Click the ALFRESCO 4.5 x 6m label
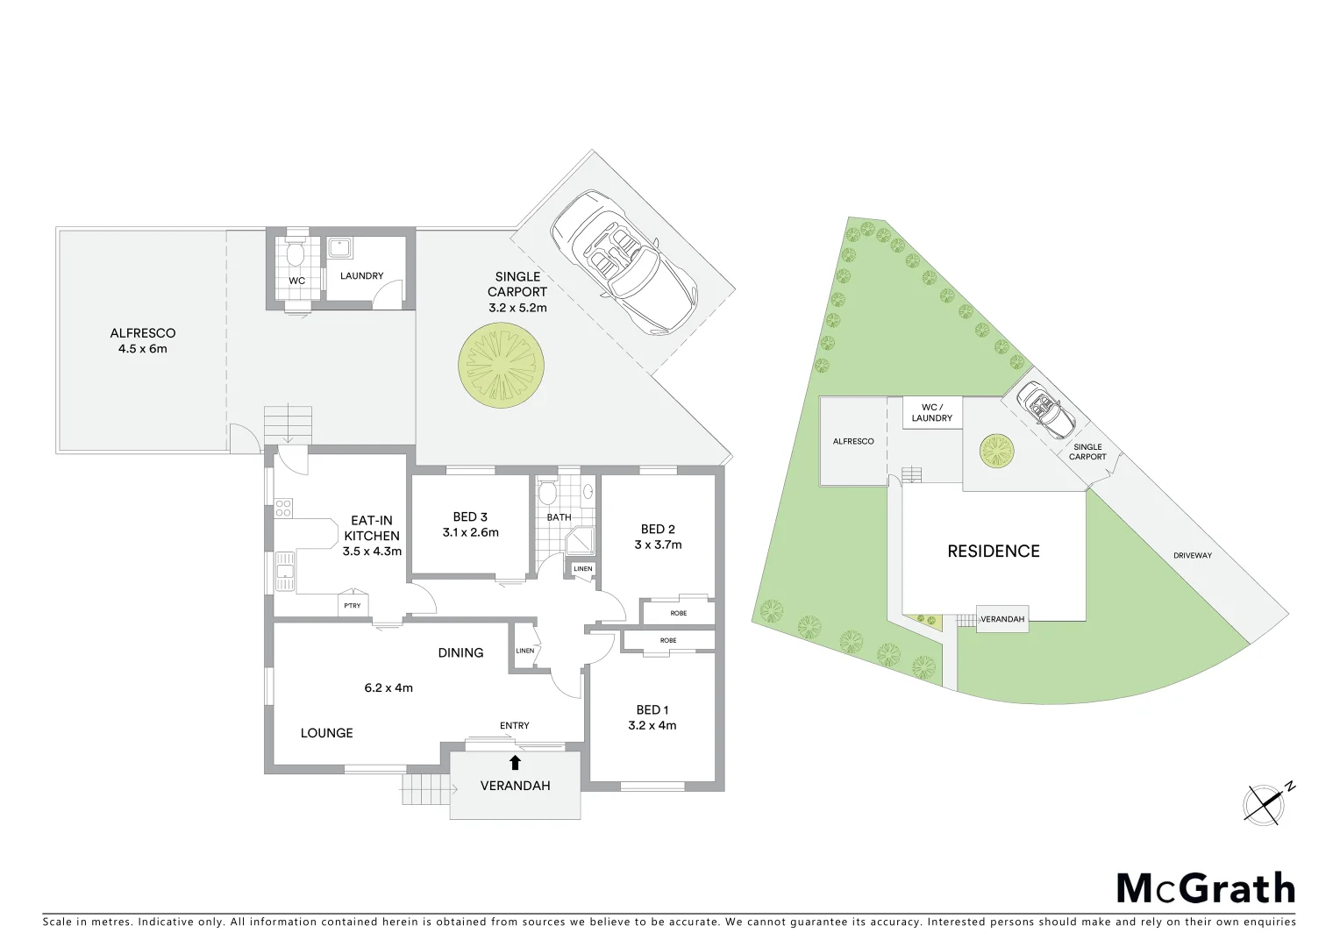pyautogui.click(x=143, y=340)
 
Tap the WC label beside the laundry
pyautogui.click(x=296, y=281)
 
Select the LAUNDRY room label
pyautogui.click(x=361, y=275)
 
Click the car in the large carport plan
pyautogui.click(x=623, y=261)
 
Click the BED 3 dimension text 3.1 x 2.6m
pyautogui.click(x=470, y=532)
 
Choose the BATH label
pyautogui.click(x=559, y=517)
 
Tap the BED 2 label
pyautogui.click(x=658, y=529)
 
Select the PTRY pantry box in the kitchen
pyautogui.click(x=353, y=606)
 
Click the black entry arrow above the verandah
pyautogui.click(x=515, y=762)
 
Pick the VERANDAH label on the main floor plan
pyautogui.click(x=515, y=786)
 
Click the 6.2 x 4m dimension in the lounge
pyautogui.click(x=388, y=687)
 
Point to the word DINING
pyautogui.click(x=460, y=652)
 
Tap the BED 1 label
pyautogui.click(x=652, y=709)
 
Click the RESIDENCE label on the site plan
pyautogui.click(x=993, y=551)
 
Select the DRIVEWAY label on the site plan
pyautogui.click(x=1192, y=555)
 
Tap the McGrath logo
pyautogui.click(x=1205, y=888)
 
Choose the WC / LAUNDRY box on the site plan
pyautogui.click(x=931, y=412)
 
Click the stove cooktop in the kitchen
pyautogui.click(x=283, y=507)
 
